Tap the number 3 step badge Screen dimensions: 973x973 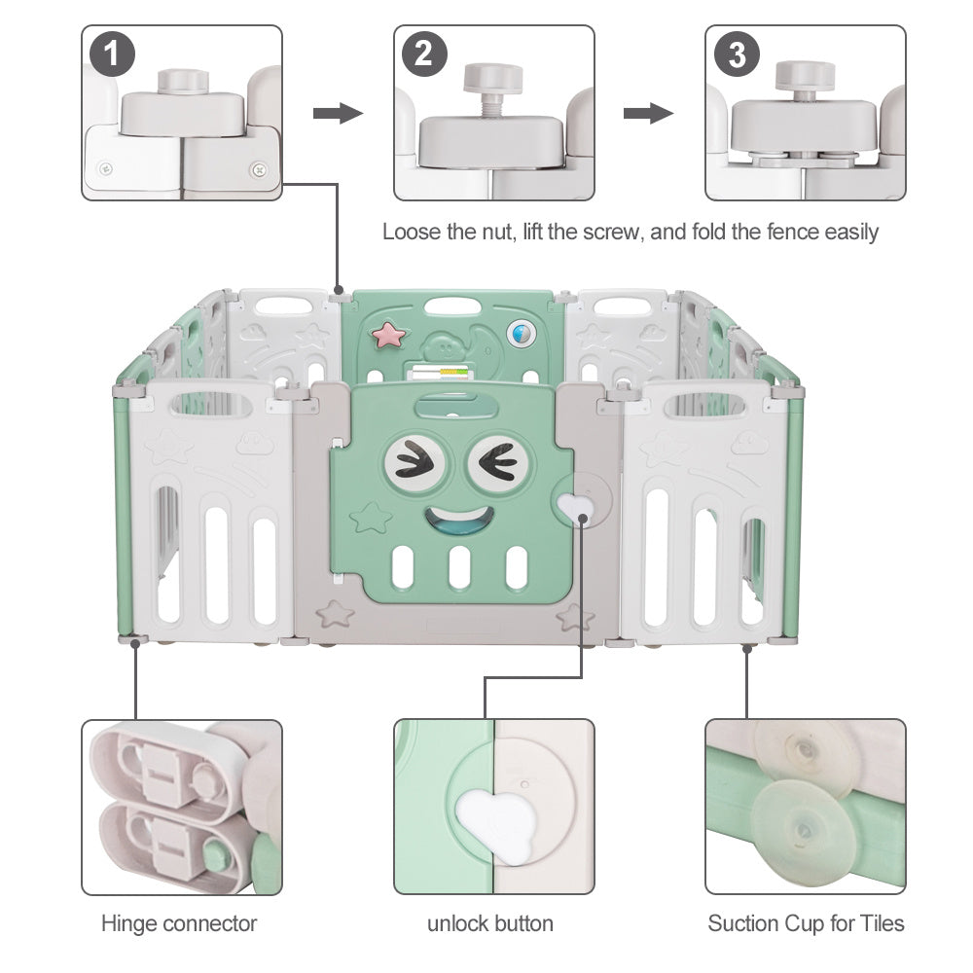click(x=737, y=54)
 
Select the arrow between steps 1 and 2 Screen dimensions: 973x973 click(x=338, y=114)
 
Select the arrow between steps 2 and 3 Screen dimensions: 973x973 click(x=648, y=114)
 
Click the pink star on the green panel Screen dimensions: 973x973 click(x=392, y=335)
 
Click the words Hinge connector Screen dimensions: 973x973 click(x=179, y=922)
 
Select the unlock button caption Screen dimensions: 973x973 click(x=490, y=922)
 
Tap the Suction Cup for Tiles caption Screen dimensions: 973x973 click(x=807, y=922)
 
